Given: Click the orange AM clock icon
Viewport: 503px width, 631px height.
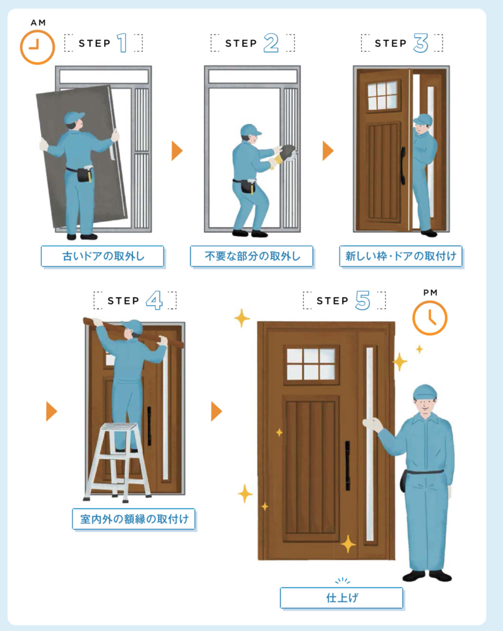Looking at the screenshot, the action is pos(38,47).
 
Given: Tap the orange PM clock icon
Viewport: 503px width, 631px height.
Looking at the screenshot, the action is pos(430,318).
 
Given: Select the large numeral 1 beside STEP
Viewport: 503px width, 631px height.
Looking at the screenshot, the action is pos(122,43).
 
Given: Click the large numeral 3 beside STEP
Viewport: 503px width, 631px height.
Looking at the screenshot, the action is pos(420,43).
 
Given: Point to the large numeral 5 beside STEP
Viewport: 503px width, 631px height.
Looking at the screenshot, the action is pos(362,300).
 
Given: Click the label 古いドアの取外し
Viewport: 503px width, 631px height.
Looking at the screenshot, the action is pos(102,256).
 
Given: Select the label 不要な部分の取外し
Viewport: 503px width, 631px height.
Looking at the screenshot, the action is pos(252,256).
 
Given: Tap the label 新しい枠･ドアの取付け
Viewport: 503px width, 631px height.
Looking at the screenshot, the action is pos(401,256).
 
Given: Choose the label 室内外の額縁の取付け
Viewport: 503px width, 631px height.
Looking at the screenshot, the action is pos(134,519).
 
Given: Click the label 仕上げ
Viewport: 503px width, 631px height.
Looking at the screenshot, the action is pos(341,598).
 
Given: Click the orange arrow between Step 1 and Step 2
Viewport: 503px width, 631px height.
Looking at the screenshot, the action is pos(177,151).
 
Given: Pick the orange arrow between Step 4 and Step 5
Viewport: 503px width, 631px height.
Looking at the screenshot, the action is pos(216,411).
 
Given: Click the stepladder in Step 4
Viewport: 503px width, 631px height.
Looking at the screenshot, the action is pos(117,462).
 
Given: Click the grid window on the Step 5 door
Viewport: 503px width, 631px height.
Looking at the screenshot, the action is pos(311,364).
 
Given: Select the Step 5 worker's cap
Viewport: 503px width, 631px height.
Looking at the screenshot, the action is pos(425,391).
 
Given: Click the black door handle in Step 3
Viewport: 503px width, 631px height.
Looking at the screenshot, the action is pos(403,166).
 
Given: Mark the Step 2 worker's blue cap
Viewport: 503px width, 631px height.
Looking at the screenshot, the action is pos(250,130).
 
